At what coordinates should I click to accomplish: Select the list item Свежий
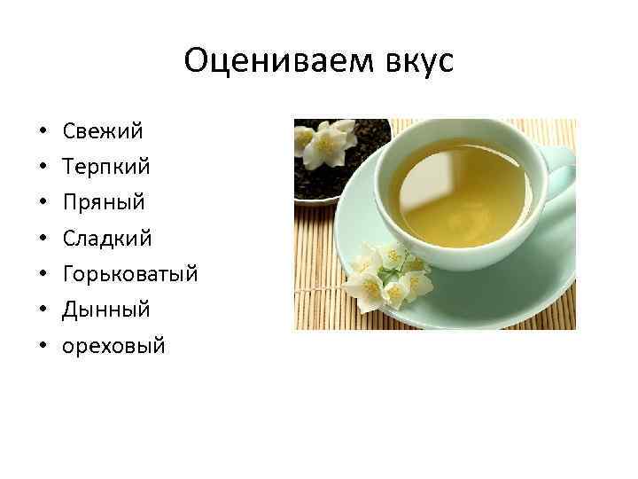[103, 131]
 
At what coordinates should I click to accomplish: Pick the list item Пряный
[104, 202]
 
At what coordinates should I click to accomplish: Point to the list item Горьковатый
[129, 274]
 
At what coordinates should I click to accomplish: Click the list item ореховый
[113, 345]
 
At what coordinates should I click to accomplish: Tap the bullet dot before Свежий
[43, 132]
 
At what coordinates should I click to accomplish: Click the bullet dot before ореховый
[43, 346]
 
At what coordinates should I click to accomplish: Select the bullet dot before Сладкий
[43, 239]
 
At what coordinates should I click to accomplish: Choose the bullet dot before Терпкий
[43, 168]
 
